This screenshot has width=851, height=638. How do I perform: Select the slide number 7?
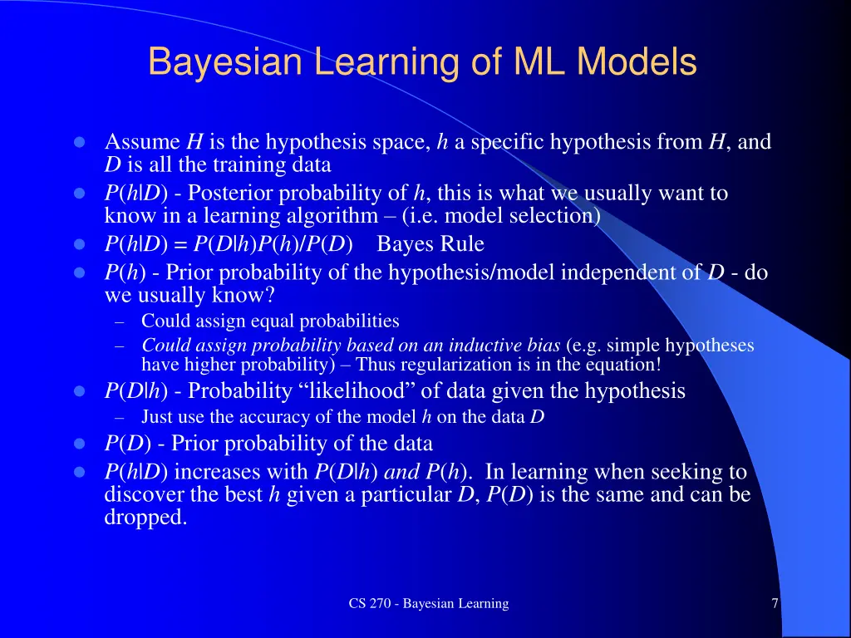775,603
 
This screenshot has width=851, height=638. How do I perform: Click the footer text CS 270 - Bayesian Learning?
429,603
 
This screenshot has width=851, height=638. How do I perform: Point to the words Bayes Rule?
430,244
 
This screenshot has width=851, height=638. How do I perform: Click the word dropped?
145,518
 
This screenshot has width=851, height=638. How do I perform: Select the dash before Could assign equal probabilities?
119,321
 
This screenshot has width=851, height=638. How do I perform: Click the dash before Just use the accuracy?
119,417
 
